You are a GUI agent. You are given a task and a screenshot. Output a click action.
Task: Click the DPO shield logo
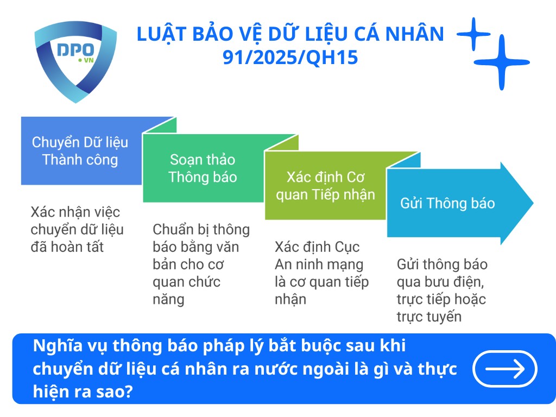point(75,59)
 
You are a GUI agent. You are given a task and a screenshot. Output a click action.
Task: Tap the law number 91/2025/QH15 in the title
point(290,57)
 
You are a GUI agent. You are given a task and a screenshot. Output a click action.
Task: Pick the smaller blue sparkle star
point(473,34)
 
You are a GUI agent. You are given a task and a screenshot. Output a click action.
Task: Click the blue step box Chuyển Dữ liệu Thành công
point(80,151)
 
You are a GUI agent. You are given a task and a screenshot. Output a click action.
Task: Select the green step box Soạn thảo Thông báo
point(203,168)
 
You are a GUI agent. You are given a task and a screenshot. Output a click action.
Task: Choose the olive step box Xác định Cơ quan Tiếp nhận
point(325,186)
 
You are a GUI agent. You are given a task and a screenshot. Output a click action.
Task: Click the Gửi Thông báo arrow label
point(447,204)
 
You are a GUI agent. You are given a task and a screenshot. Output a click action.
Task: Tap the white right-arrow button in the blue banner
point(505,369)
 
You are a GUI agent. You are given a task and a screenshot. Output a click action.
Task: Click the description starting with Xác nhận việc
point(77,229)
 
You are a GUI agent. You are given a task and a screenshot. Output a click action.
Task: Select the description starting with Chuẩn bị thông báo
point(201,264)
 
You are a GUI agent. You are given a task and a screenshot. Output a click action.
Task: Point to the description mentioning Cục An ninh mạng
point(321,273)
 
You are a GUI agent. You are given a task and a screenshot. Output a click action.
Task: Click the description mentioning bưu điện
point(441,290)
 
